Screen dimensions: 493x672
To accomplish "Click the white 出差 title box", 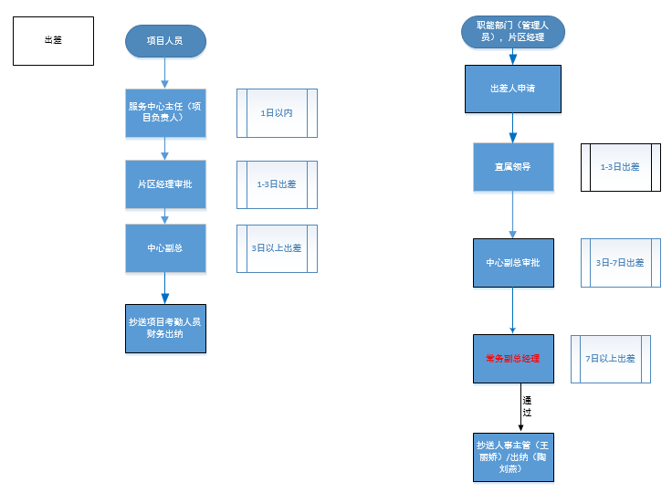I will point(53,40).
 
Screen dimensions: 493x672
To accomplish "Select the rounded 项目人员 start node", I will point(166,41).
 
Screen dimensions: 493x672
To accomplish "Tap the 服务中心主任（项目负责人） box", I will point(166,112).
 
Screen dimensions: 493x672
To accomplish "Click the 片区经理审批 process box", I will point(166,184).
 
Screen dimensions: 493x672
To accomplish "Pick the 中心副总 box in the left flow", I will point(166,248).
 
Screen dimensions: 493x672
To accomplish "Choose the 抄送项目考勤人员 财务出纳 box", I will point(166,328).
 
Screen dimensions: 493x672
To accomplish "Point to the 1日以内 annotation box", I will point(277,113).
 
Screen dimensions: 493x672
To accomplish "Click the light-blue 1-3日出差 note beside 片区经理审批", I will point(277,184).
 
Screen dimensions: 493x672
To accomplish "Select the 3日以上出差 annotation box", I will point(277,248).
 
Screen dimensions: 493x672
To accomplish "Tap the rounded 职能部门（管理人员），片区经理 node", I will point(512,32).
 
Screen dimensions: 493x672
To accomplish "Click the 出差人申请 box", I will point(512,89).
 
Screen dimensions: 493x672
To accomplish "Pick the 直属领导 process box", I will point(512,167).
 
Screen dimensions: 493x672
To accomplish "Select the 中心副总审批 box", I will point(512,263).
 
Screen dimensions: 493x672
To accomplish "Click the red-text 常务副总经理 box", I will point(512,359).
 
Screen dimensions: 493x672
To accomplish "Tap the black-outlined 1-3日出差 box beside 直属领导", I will point(621,167).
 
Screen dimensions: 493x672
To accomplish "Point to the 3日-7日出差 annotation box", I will point(621,263).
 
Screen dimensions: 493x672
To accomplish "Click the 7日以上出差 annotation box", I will point(611,359).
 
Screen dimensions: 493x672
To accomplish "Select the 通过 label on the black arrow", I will point(527,406).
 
